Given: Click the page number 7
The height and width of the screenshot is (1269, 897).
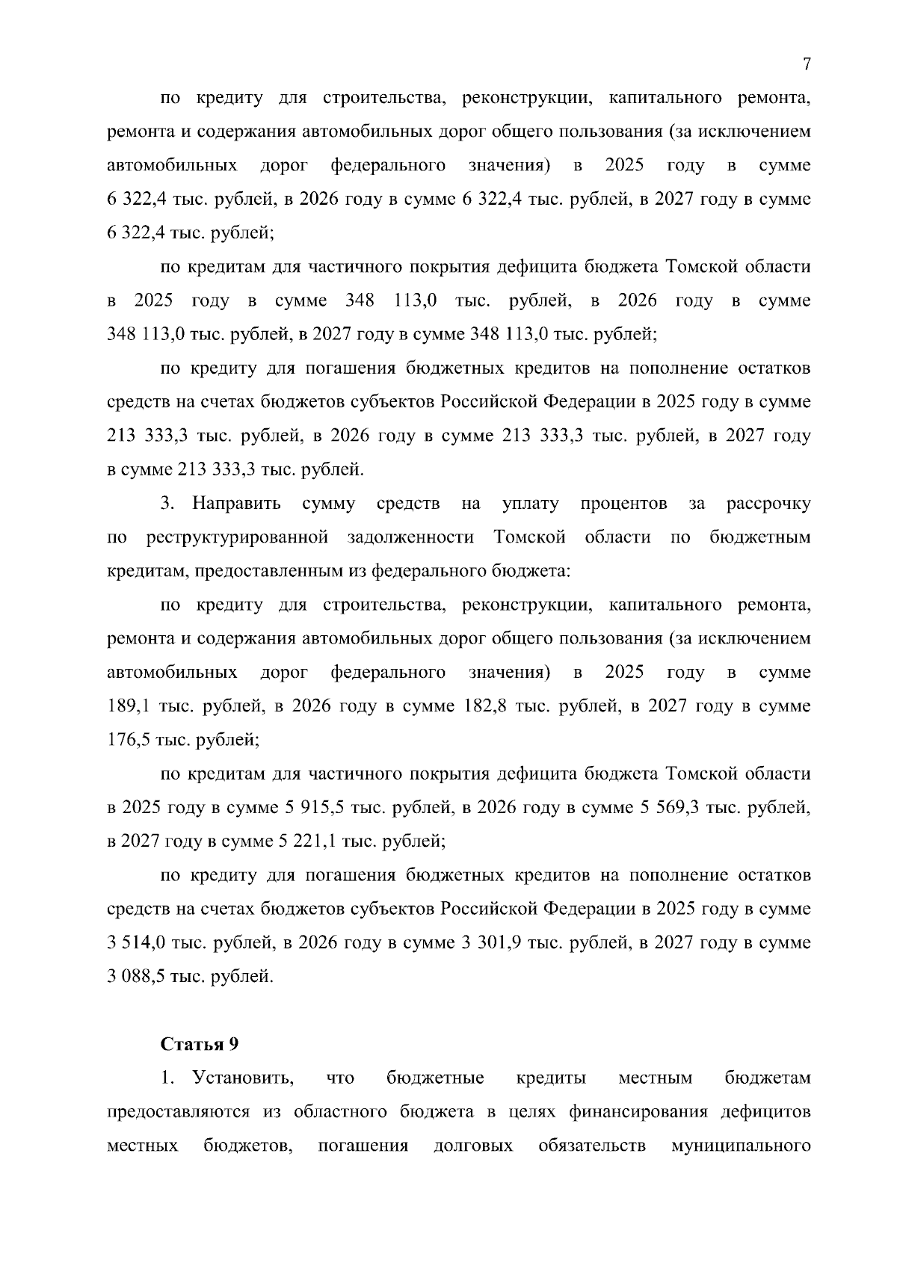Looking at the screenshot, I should pyautogui.click(x=807, y=64).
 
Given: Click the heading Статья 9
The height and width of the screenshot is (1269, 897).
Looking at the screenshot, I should pyautogui.click(x=200, y=1044).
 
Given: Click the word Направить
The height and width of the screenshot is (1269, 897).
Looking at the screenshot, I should pyautogui.click(x=236, y=504).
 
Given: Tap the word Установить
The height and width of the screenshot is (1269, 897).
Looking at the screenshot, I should pyautogui.click(x=243, y=1078).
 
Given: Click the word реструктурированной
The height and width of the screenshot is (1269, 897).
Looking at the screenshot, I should pyautogui.click(x=238, y=537).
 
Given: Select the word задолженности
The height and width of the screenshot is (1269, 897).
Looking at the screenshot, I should pyautogui.click(x=410, y=537).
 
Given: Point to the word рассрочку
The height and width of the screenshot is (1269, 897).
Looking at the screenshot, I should pyautogui.click(x=768, y=504).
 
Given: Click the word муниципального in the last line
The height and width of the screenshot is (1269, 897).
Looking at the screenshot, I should pyautogui.click(x=741, y=1145).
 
